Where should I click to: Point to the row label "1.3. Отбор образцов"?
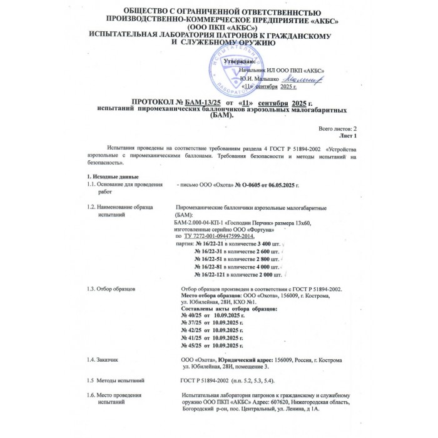pyautogui.click(x=116, y=289)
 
